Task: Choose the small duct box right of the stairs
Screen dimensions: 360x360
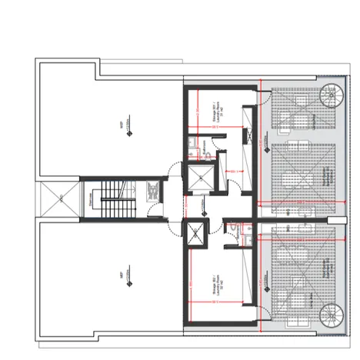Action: [154, 189]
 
